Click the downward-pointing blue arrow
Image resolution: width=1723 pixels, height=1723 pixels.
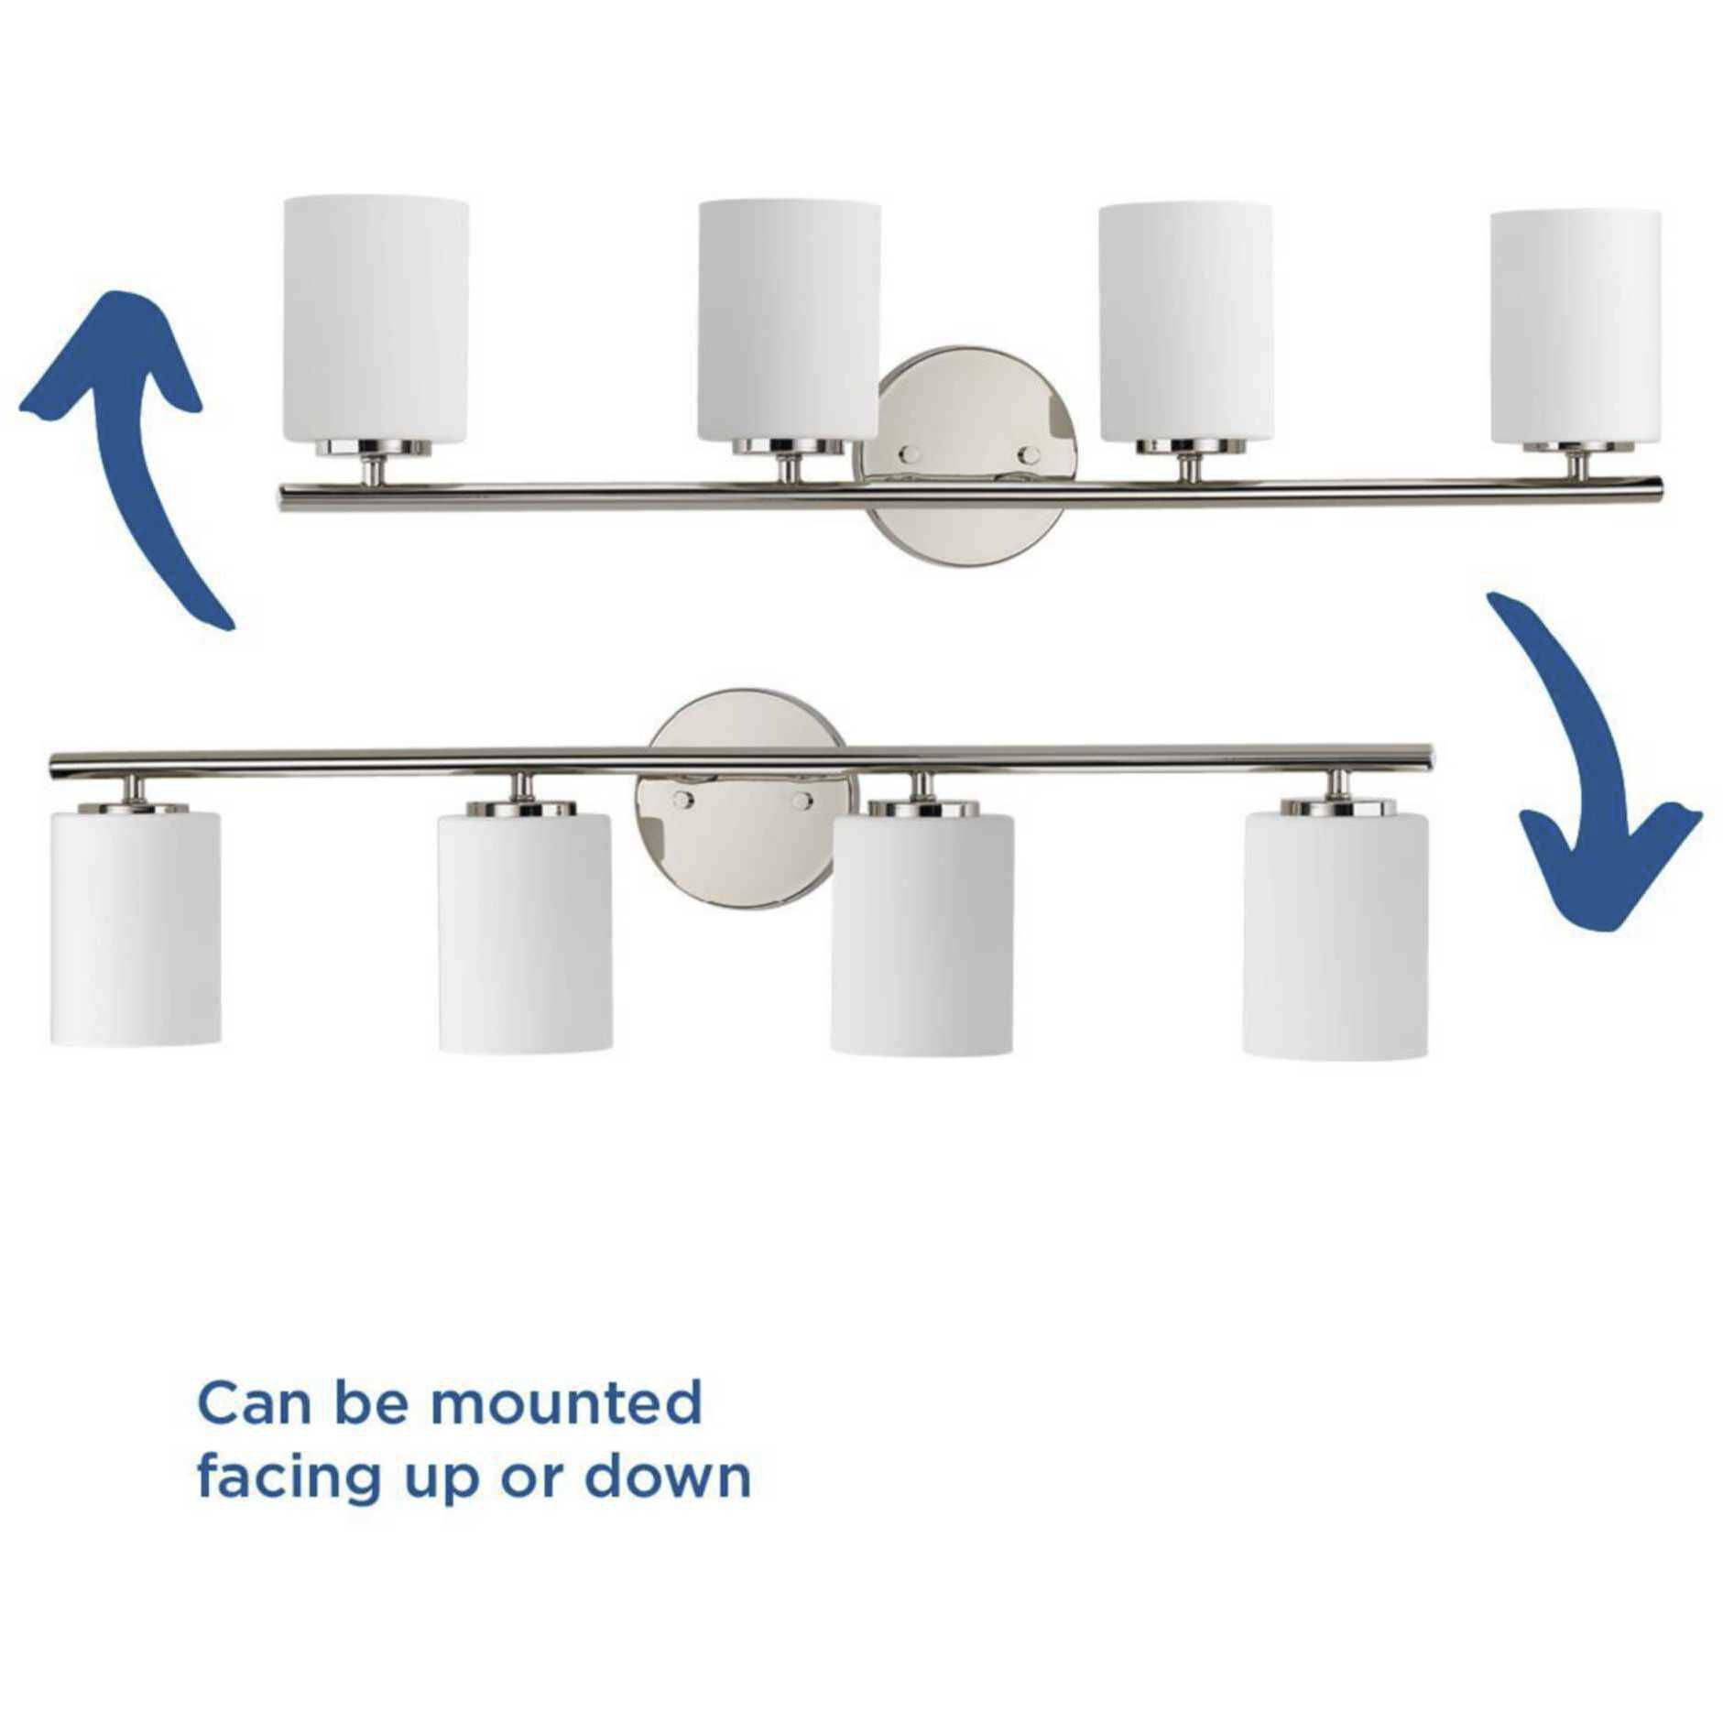click(1594, 779)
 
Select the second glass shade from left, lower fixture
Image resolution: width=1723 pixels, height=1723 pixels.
click(524, 932)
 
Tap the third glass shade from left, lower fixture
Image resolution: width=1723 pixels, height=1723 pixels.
click(921, 933)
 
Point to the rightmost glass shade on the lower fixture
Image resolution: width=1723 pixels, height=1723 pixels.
click(1335, 935)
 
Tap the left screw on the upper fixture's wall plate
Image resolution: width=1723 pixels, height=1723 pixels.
click(909, 453)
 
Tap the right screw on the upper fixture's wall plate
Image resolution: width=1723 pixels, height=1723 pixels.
click(1029, 454)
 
